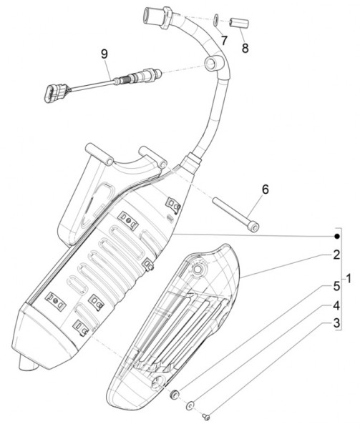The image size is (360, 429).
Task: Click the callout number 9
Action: pyautogui.click(x=104, y=54)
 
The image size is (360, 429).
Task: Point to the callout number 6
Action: pyautogui.click(x=264, y=189)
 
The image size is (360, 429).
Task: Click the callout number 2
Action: pyautogui.click(x=336, y=255)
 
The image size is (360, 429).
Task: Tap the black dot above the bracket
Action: pyautogui.click(x=336, y=235)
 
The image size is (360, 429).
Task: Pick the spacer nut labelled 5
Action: pyautogui.click(x=174, y=393)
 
